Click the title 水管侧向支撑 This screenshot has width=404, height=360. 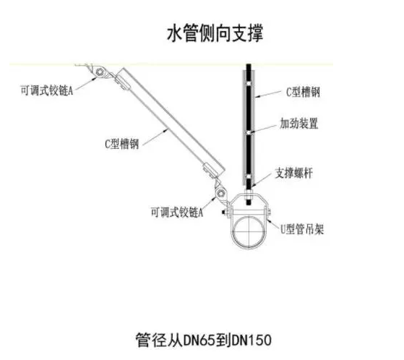click(x=215, y=33)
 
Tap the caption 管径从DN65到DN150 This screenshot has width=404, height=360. click(x=204, y=340)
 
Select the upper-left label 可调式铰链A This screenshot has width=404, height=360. click(x=47, y=90)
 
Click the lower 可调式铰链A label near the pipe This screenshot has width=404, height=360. click(x=177, y=213)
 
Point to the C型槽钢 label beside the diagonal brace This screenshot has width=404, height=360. click(x=122, y=144)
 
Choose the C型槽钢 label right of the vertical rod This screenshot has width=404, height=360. click(x=304, y=92)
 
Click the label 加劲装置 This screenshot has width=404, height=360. click(x=299, y=124)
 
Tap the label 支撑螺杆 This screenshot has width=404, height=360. click(x=294, y=173)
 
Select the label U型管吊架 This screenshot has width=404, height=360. click(x=302, y=229)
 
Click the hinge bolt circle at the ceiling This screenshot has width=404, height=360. click(x=100, y=72)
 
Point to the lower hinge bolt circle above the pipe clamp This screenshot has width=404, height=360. click(x=221, y=193)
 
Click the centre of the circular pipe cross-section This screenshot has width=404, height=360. click(x=249, y=231)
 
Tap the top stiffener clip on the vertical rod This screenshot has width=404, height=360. click(x=249, y=83)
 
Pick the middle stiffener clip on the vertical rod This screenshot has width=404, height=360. click(x=249, y=132)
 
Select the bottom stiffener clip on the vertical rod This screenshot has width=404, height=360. click(x=249, y=177)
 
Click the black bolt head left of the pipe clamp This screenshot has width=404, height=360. click(x=223, y=213)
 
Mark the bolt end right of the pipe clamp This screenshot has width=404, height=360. click(x=269, y=213)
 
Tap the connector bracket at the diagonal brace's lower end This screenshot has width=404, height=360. click(x=210, y=171)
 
